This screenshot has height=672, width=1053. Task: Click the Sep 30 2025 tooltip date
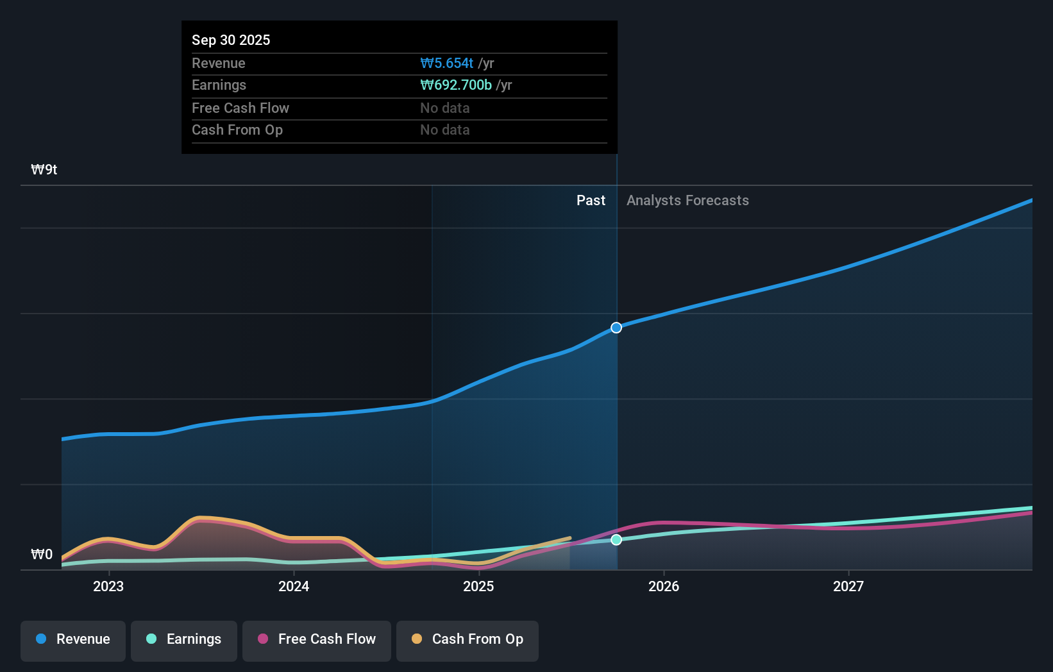click(x=231, y=40)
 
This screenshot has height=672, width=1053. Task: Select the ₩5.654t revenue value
click(x=447, y=63)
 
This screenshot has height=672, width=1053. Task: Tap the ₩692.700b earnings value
click(x=456, y=85)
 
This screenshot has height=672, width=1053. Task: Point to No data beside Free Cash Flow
click(x=444, y=108)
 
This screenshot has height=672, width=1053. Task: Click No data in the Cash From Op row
click(x=444, y=130)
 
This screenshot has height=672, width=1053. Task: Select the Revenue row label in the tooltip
click(x=218, y=63)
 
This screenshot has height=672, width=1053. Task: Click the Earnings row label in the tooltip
click(x=219, y=85)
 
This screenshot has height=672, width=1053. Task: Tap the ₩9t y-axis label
click(x=44, y=169)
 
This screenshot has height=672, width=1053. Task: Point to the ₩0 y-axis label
click(x=42, y=554)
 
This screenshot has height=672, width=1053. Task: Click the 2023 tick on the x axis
click(x=108, y=586)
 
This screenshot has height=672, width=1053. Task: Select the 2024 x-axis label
click(x=294, y=586)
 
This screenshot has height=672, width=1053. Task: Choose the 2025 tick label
click(x=478, y=586)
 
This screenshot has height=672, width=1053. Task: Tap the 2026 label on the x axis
click(x=664, y=586)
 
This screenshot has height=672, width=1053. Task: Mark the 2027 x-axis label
click(x=848, y=586)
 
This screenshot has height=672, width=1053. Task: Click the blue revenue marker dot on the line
click(x=616, y=328)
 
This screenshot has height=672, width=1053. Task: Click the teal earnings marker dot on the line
click(x=616, y=540)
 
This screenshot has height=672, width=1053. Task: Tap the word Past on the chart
click(x=591, y=200)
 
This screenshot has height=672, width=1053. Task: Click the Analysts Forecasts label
click(x=687, y=200)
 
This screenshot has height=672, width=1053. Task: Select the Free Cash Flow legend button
click(x=317, y=639)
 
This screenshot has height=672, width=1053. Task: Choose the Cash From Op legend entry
click(x=468, y=639)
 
